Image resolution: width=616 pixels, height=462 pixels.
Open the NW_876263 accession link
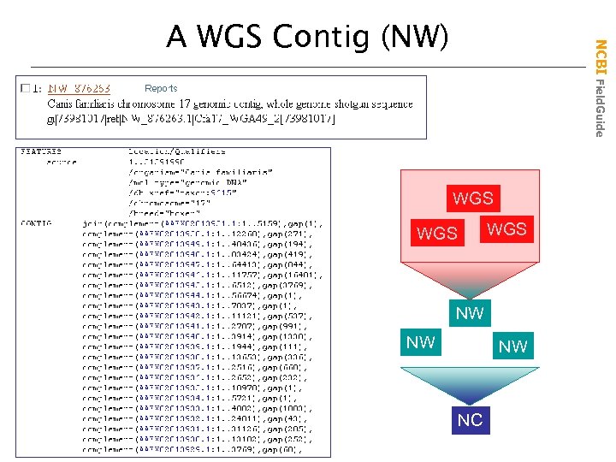coord(79,88)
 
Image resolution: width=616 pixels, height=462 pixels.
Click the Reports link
coord(161,88)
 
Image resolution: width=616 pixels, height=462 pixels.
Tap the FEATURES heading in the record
coord(40,151)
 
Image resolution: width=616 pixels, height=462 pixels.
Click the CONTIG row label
coord(37,222)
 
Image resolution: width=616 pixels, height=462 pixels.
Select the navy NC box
coord(470,420)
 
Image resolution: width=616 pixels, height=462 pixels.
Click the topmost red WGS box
coord(473,198)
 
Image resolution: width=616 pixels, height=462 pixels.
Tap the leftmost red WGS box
coord(436,232)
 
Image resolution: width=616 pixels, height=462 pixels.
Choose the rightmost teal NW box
coord(512,346)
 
